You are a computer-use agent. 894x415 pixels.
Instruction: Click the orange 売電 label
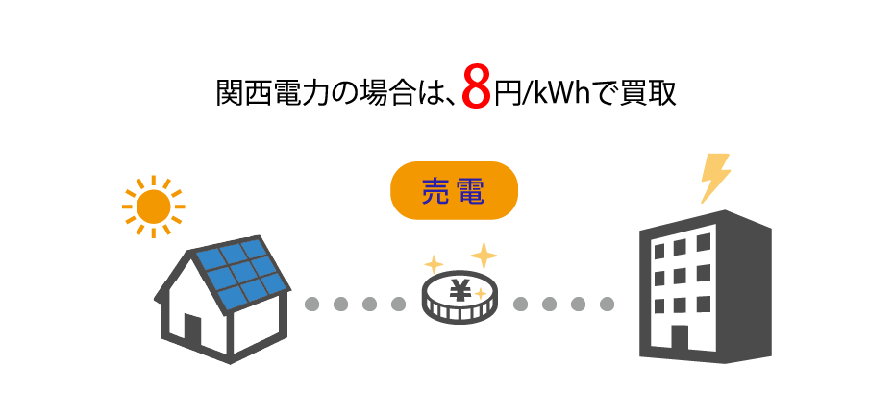tap(454, 191)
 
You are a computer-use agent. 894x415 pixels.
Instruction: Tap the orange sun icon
tap(153, 206)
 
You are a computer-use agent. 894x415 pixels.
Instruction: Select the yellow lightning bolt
tap(714, 177)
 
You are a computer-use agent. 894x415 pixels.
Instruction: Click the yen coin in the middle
tap(459, 298)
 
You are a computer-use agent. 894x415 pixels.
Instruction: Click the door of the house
tap(192, 331)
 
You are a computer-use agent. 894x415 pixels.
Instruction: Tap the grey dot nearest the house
tap(310, 305)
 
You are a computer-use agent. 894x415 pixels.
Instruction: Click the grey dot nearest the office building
tap(607, 305)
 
